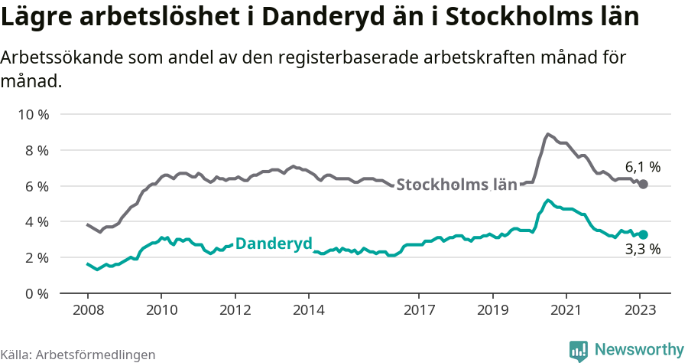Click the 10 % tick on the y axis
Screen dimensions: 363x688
pos(33,115)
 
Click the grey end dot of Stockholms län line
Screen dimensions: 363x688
pos(643,185)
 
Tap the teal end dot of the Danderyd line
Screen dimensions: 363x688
pos(643,234)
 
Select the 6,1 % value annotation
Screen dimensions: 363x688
pos(642,166)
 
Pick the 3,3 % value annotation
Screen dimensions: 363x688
pos(642,250)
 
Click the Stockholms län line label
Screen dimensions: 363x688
pos(457,185)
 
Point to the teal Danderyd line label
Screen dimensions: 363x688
pos(274,244)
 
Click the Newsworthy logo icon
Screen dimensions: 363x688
pos(579,350)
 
